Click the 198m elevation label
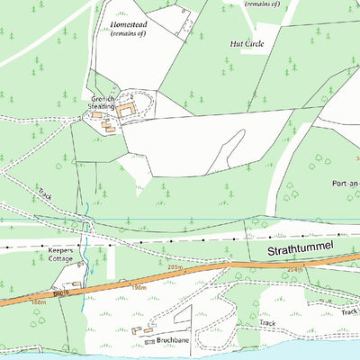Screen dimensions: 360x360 (x=139, y=287)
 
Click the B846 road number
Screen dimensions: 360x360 (x=61, y=293)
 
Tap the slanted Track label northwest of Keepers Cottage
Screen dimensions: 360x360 (x=47, y=193)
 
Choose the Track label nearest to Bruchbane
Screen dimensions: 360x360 (x=267, y=322)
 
